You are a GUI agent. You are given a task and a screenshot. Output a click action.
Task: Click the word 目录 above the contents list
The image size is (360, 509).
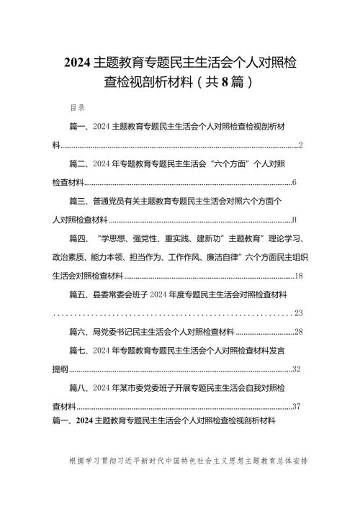pos(77,108)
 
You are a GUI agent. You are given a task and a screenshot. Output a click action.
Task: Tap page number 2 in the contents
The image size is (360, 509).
pos(300,145)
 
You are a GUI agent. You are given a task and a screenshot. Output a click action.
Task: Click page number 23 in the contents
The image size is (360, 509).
pos(300,313)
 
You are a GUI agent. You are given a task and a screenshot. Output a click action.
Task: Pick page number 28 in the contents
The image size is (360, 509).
pos(300,332)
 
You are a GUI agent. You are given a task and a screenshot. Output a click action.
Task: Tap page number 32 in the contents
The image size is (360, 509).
pos(297,369)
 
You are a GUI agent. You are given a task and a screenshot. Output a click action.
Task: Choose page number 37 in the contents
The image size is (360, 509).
pos(297,407)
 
